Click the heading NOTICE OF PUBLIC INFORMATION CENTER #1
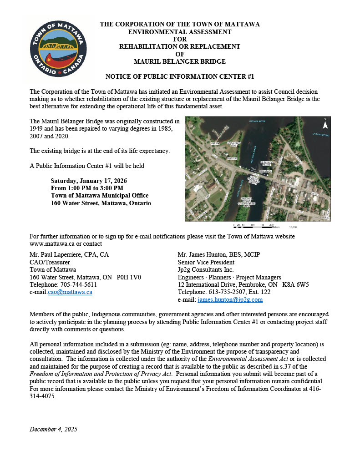click(180, 76)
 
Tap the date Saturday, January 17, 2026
click(92, 180)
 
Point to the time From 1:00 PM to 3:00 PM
click(87, 188)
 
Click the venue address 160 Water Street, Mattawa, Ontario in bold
click(101, 203)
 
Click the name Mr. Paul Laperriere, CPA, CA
click(69, 254)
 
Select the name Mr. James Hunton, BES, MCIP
click(219, 254)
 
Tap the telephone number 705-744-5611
click(78, 284)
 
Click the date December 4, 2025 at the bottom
click(54, 429)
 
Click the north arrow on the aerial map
click(325, 124)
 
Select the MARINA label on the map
click(215, 143)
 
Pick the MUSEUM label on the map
click(233, 158)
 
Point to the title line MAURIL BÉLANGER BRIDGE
click(180, 61)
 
